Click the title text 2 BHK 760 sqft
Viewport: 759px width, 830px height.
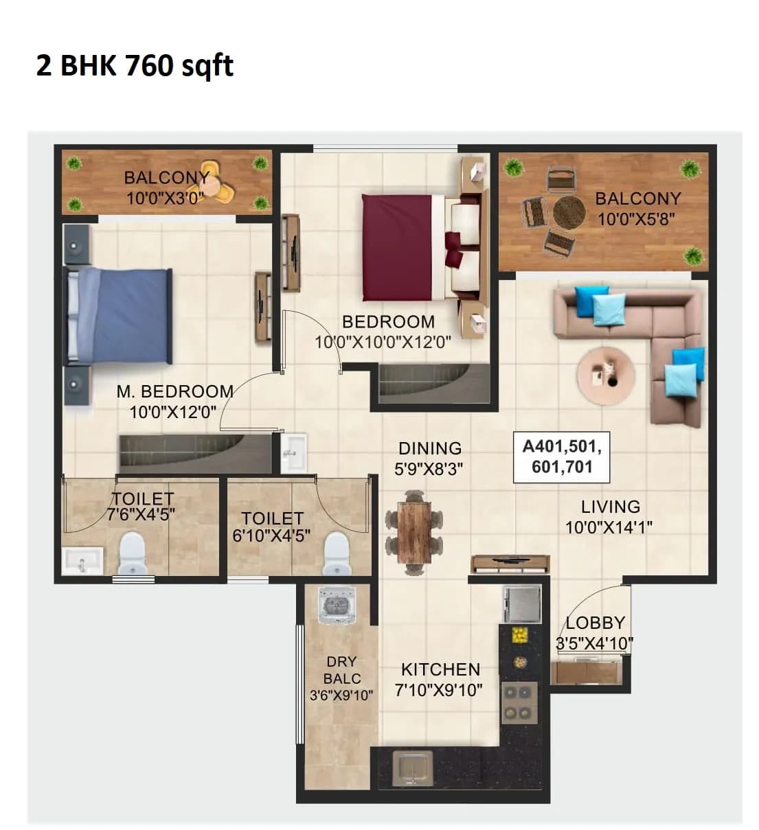pos(135,66)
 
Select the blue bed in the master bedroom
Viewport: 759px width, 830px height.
pos(120,315)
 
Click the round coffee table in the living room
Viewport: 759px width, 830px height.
pos(605,374)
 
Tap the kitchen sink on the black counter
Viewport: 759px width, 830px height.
pos(412,767)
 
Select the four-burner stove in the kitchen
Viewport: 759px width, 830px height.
pos(519,703)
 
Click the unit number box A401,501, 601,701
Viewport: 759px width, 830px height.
pos(562,457)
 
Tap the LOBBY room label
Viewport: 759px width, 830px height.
pos(595,623)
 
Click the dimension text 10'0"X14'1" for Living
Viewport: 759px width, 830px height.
pos(609,527)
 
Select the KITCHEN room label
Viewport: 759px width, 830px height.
pos(440,669)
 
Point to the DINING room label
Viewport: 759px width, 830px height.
pos(430,448)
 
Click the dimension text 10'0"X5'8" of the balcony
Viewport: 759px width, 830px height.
pos(636,219)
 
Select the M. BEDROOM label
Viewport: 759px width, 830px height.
pos(174,391)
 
